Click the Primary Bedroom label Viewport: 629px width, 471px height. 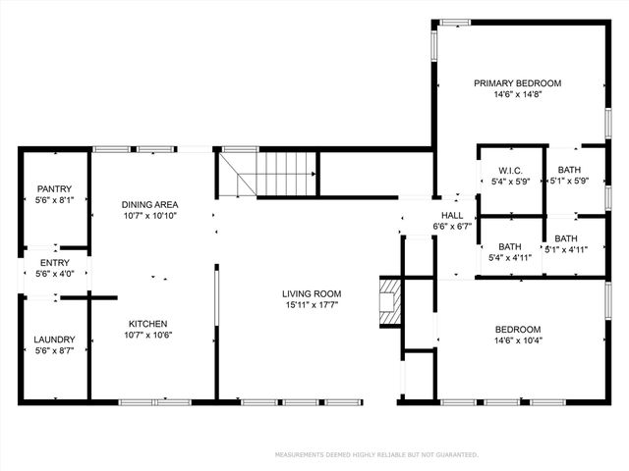[517, 83]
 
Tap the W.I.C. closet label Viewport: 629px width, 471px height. [509, 170]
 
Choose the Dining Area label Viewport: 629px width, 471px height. [149, 204]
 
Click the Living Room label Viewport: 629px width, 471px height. [312, 293]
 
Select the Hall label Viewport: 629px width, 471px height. [452, 215]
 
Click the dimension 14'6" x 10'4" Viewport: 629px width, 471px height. [518, 340]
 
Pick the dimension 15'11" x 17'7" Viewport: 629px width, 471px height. [312, 304]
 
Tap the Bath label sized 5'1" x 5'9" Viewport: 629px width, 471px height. [566, 170]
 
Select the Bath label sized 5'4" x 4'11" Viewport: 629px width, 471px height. [509, 246]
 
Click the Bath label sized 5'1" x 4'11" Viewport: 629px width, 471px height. [566, 238]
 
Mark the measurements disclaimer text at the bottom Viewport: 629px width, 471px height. [376, 455]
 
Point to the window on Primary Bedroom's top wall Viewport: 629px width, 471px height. [454, 22]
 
